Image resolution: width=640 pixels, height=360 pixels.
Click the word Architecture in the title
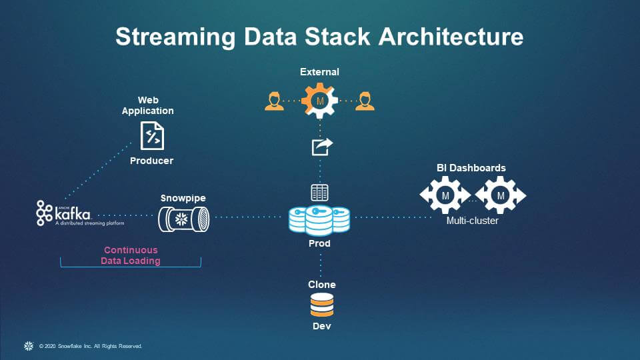[x=451, y=37]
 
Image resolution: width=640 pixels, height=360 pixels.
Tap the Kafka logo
[x=64, y=213]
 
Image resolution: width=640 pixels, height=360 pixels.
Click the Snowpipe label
[x=183, y=199]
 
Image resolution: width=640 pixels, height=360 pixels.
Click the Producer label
[x=151, y=161]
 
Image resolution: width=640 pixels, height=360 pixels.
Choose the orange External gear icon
[x=319, y=101]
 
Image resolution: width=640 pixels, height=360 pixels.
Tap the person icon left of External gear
[x=273, y=101]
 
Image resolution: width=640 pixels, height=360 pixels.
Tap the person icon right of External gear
[x=364, y=101]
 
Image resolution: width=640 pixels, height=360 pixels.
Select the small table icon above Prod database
[x=320, y=193]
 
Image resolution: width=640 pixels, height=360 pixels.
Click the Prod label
[x=319, y=243]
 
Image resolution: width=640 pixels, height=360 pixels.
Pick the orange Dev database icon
[x=321, y=305]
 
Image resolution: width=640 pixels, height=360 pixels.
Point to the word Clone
[x=321, y=285]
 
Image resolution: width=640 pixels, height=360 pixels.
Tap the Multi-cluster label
[x=472, y=220]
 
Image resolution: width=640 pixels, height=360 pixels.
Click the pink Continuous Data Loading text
[x=131, y=255]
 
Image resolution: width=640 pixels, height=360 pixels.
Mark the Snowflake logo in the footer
[x=29, y=346]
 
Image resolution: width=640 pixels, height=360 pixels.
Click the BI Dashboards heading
[x=471, y=168]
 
